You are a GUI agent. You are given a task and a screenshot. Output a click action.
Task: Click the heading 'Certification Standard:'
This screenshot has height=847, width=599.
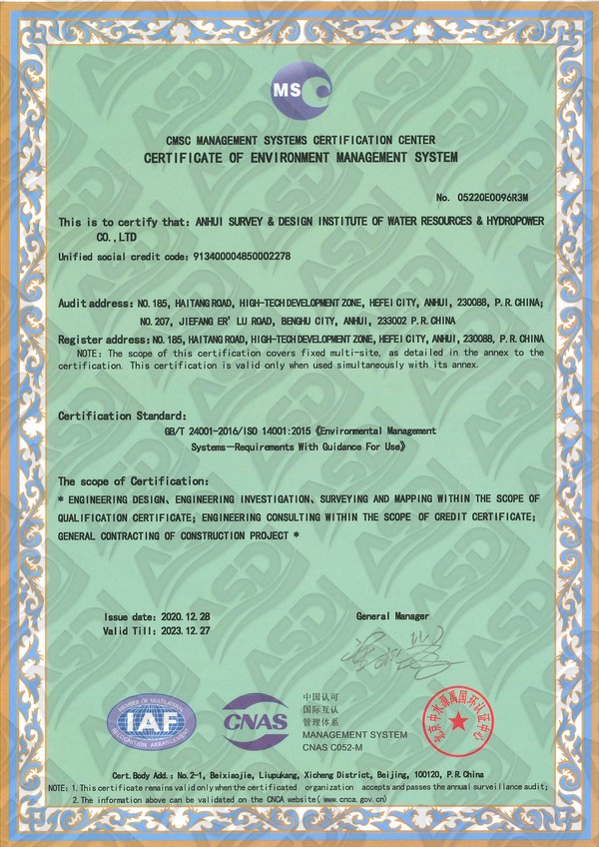pos(123,415)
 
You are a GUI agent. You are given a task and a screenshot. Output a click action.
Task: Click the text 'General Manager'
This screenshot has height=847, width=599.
pos(392,617)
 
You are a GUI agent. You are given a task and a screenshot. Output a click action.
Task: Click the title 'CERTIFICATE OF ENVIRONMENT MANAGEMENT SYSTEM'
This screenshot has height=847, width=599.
pos(299,159)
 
